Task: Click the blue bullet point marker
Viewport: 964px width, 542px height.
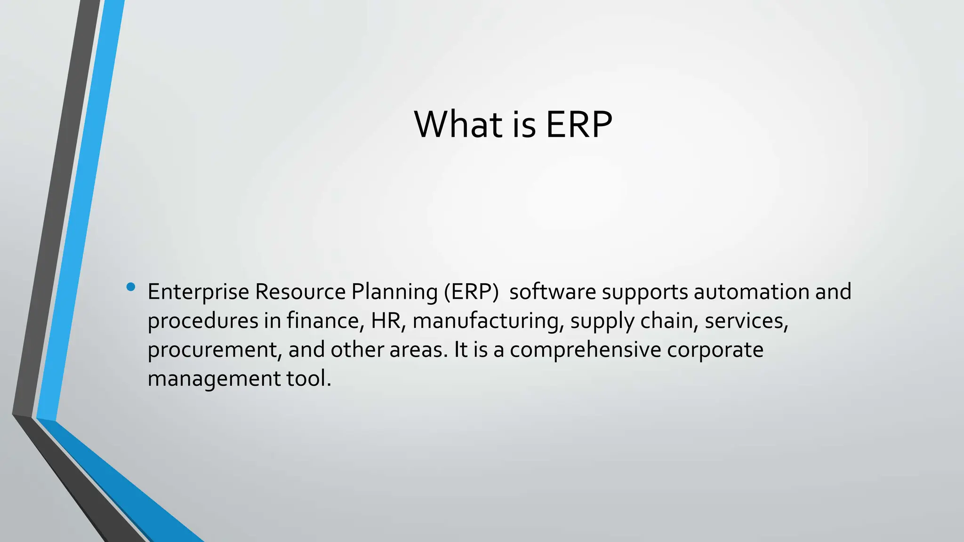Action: coord(131,287)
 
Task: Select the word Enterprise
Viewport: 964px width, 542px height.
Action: coord(198,292)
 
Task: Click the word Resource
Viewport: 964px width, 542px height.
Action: coord(300,292)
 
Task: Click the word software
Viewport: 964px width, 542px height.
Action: coord(553,292)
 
